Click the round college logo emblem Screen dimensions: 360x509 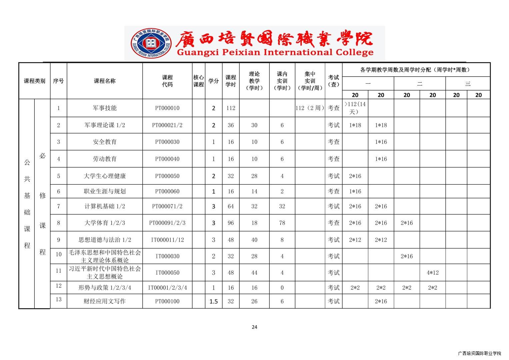pyautogui.click(x=151, y=43)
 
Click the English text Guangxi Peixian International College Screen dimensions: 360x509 pyautogui.click(x=275, y=53)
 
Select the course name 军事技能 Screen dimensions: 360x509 pyautogui.click(x=105, y=108)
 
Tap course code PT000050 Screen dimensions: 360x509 pyautogui.click(x=167, y=176)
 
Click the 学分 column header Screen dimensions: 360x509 pyautogui.click(x=213, y=81)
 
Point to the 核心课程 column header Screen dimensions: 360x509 pyautogui.click(x=198, y=81)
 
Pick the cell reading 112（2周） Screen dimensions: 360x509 pyautogui.click(x=310, y=108)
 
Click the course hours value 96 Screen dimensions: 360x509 pyautogui.click(x=231, y=223)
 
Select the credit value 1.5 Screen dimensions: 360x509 pyautogui.click(x=213, y=301)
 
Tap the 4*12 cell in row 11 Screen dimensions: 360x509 pyautogui.click(x=432, y=273)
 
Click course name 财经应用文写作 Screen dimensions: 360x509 pyautogui.click(x=105, y=301)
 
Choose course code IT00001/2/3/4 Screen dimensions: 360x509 pyautogui.click(x=167, y=288)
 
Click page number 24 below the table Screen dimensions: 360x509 pyautogui.click(x=254, y=327)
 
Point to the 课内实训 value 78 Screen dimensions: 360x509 pyautogui.click(x=282, y=223)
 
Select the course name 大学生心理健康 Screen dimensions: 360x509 pyautogui.click(x=105, y=176)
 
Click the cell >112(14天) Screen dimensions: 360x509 pyautogui.click(x=355, y=108)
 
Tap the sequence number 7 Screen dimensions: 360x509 pyautogui.click(x=58, y=206)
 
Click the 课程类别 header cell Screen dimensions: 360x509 pyautogui.click(x=34, y=81)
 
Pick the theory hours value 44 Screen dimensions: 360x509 pyautogui.click(x=254, y=273)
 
